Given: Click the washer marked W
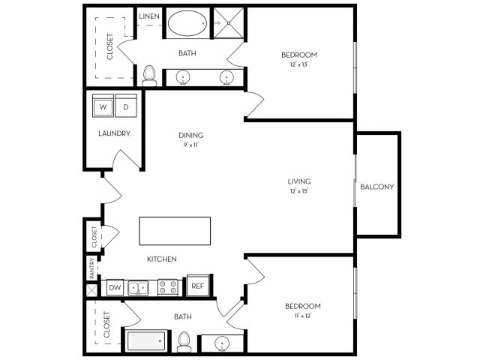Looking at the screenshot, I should pos(103,107).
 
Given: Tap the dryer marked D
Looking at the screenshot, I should pos(126,107).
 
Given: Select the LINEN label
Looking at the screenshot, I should pos(148,16).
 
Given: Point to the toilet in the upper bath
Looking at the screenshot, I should pos(149,74).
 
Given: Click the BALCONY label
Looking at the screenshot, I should pos(376,187).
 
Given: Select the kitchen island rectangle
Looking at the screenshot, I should pos(175,229).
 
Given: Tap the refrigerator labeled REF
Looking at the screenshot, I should pos(197,286).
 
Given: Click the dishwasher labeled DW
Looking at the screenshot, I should pos(115,286).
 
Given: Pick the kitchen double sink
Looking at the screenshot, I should pos(138,286).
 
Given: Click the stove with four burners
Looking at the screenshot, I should pos(167,286).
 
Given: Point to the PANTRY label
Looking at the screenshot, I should pos(91,267).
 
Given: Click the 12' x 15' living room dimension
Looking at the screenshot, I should pos(299,191).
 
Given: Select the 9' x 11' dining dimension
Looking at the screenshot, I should pos(191,145).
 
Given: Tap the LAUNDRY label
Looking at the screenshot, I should pos(115,133).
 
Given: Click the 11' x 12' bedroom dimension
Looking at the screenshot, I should pos(303,316).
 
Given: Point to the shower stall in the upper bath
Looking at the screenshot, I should pos(228,22).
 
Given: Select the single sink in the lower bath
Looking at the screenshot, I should pos(222,343).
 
